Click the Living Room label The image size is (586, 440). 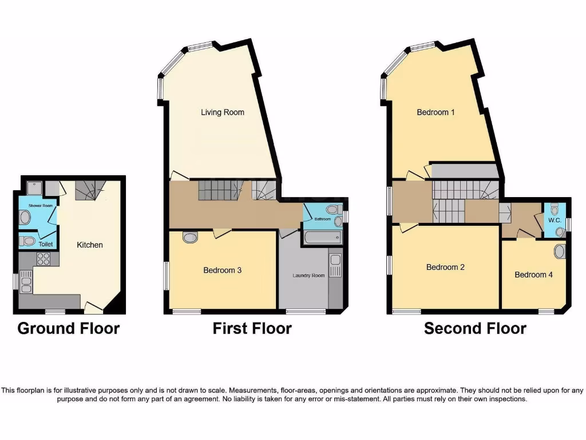point(222,112)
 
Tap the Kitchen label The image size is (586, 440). point(90,245)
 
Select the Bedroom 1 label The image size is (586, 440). point(435,112)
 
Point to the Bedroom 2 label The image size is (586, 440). point(445,267)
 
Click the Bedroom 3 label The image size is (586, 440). point(222,270)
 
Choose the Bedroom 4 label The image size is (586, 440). point(533,275)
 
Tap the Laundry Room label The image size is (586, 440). point(308,276)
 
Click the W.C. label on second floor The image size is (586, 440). point(554,221)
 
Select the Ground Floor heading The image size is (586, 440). point(69,328)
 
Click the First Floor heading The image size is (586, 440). point(252,328)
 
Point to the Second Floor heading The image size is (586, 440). point(475,328)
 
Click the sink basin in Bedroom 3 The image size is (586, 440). point(190,237)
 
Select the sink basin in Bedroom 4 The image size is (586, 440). point(560,252)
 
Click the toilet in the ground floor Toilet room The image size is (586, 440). point(26,241)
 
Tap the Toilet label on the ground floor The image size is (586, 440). point(45,245)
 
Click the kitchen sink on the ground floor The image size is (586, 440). point(26,280)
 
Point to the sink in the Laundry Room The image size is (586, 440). point(335,265)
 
